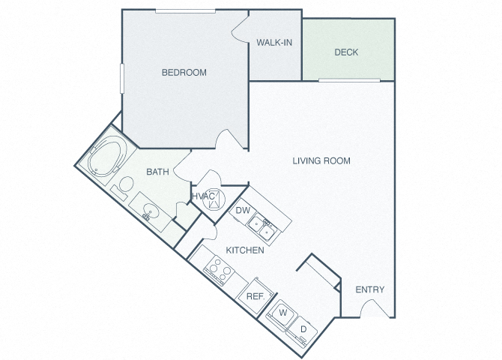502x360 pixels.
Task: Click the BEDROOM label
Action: pos(184,73)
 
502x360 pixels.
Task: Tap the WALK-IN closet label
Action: pos(274,42)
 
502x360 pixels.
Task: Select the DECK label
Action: pos(346,52)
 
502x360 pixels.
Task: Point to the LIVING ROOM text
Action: pos(321,160)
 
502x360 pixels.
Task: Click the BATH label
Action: pos(157,172)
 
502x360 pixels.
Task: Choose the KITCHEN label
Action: pos(245,250)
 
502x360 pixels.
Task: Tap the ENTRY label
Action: pos(370,289)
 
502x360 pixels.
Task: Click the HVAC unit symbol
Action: pos(214,200)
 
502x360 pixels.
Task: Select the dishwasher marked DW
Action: pos(243,211)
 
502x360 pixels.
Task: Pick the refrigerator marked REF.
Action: pos(255,296)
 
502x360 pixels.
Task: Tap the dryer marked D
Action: pos(302,331)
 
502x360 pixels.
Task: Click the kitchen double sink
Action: pos(262,227)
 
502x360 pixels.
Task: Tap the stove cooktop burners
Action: pos(219,270)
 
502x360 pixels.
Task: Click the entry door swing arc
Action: pos(375,307)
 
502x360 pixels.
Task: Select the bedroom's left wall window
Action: pos(121,79)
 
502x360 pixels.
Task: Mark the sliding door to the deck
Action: pos(349,80)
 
